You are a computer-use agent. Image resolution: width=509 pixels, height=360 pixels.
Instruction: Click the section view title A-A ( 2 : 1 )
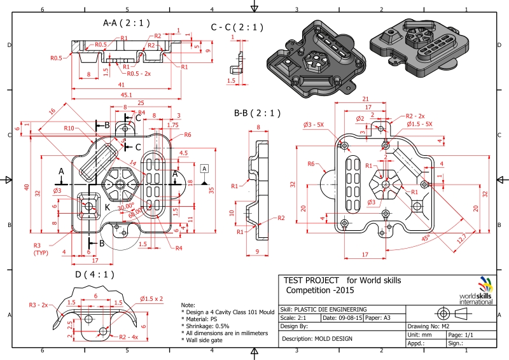click(126, 23)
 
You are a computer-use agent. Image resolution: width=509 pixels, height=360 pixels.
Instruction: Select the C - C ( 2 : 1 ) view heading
click(237, 27)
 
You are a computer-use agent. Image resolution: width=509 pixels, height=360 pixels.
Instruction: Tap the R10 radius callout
click(71, 128)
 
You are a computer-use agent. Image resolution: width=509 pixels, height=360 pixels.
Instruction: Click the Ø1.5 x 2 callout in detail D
click(151, 298)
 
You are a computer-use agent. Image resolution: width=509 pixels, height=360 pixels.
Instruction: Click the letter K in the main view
click(107, 207)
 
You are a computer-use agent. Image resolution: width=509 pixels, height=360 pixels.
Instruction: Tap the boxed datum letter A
click(204, 169)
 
